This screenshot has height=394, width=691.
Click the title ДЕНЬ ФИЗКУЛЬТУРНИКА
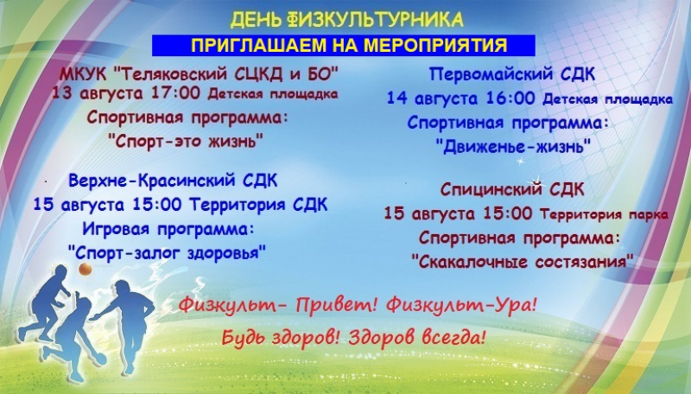347,19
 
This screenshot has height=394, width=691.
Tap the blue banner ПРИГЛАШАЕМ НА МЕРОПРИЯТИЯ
344,46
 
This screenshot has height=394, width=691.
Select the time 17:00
175,93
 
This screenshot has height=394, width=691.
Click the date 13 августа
98,94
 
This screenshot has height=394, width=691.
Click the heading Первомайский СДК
512,74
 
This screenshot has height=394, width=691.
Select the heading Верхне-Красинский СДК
174,181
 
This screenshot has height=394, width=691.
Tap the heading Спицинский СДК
512,190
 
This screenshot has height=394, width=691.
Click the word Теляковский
169,73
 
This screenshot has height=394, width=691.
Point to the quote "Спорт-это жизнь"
186,142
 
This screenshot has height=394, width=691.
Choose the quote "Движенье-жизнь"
513,146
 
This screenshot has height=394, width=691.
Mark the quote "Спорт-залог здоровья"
168,253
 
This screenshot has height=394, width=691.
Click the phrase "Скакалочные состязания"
523,261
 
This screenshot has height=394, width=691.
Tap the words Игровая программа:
168,229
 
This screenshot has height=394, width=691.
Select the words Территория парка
604,214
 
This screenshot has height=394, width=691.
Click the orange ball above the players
85,269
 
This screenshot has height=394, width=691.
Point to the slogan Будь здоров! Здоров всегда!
353,338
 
